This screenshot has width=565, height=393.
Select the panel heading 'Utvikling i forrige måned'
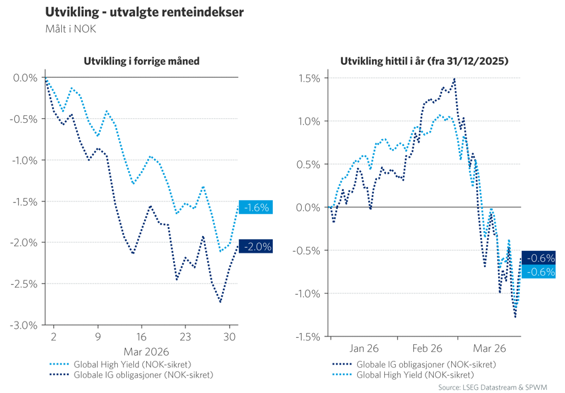142,62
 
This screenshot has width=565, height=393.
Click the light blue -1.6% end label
255,207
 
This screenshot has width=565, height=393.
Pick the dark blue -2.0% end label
255,246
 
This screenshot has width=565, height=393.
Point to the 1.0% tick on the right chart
308,121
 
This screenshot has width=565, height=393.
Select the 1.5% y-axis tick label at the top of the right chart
308,78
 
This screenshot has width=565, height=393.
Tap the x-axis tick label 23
185,336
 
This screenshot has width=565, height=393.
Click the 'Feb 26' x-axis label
427,349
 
